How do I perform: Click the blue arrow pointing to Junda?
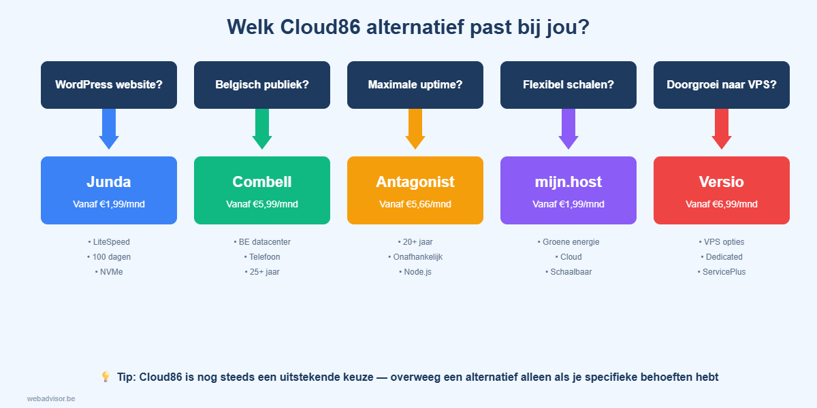tap(109, 129)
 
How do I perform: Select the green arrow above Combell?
tap(262, 129)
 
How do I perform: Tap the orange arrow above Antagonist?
tap(415, 129)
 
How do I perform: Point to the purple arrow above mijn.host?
tap(568, 129)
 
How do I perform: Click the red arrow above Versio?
tap(722, 129)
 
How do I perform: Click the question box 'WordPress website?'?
tap(109, 85)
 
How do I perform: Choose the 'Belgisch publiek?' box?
tap(262, 85)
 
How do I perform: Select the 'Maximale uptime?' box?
tap(415, 85)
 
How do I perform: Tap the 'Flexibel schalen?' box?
tap(568, 85)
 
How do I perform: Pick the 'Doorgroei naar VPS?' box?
tap(722, 85)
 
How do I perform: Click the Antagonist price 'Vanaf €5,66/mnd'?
tap(415, 204)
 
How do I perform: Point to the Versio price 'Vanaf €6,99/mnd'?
tap(722, 204)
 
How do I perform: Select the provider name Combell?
tap(262, 182)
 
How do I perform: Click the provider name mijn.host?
tap(568, 182)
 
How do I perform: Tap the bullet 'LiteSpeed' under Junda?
tap(109, 242)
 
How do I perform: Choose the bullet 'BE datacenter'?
tap(262, 242)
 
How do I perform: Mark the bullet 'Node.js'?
tap(415, 272)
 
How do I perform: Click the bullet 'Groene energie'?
tap(568, 242)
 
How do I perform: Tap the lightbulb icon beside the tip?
tap(106, 377)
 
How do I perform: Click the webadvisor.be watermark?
tap(51, 398)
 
